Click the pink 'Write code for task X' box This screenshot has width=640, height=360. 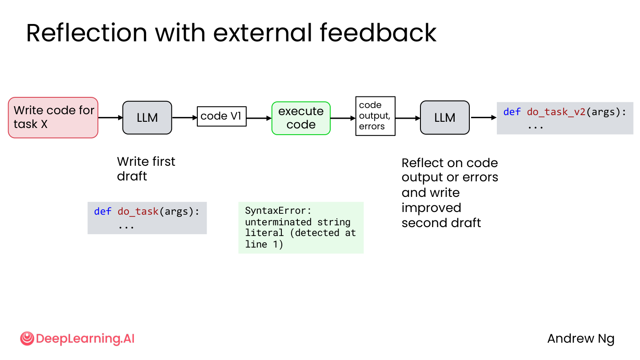point(53,117)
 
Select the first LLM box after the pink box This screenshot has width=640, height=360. point(147,117)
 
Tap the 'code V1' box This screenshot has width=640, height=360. point(221,116)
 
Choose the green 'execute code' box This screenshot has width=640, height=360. point(301,118)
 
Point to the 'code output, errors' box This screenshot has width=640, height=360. point(375,116)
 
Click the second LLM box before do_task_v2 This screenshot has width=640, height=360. point(444,117)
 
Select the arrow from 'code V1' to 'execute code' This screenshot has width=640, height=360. point(259,118)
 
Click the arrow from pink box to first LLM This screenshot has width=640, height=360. point(110,117)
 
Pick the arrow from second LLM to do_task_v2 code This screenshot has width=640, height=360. point(484,117)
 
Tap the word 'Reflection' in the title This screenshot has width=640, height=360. point(87,33)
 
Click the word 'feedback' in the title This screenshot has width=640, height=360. point(378,33)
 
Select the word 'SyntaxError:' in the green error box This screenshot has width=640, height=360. point(278,211)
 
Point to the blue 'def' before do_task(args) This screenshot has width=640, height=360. point(103,212)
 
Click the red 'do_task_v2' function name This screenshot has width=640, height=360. point(556,112)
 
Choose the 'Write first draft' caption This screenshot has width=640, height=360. point(146,169)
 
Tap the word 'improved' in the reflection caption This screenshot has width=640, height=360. point(431,208)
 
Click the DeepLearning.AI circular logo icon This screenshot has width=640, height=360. point(27,339)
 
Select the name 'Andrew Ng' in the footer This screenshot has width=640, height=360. point(581,339)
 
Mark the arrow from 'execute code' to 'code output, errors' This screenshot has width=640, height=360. point(343,118)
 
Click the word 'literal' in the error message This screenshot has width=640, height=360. point(264,233)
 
